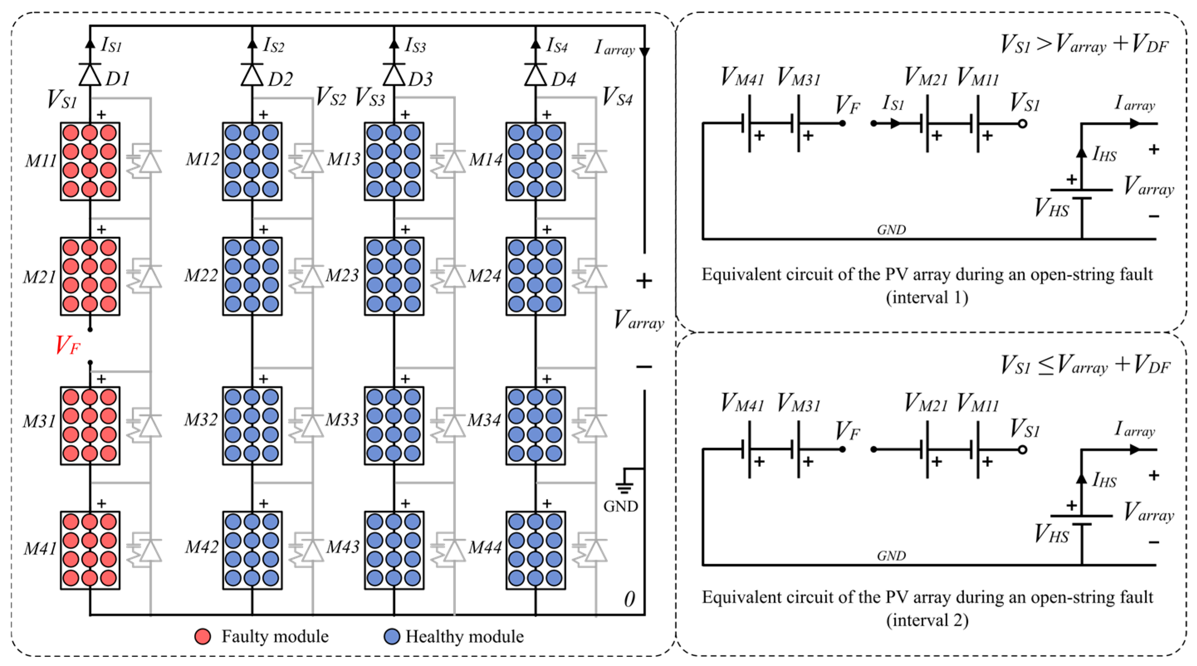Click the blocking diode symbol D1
coord(90,74)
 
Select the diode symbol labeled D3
coord(393,74)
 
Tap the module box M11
coord(90,161)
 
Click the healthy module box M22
coord(252,276)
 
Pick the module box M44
coord(535,550)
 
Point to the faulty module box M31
coord(90,425)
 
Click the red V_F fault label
coord(68,345)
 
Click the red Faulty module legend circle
coord(203,636)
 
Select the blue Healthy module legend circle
coord(392,636)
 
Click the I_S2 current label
coord(273,46)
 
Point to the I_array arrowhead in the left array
coord(644,52)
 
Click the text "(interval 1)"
coord(927,297)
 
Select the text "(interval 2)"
coord(927,620)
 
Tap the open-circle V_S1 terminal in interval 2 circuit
coord(1022,450)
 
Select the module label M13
coord(343,159)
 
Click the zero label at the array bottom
coord(629,599)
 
